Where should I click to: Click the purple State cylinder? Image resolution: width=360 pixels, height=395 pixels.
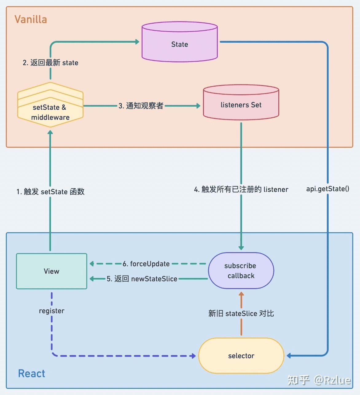coord(180,42)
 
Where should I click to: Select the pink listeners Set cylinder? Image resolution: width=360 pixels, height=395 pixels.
coord(241,102)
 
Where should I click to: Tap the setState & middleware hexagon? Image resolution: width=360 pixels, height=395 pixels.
coord(50,105)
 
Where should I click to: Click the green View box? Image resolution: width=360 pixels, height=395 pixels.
coord(52,271)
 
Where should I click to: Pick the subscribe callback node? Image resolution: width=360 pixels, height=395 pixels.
coord(241,271)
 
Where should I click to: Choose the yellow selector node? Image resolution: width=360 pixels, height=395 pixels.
coord(241,356)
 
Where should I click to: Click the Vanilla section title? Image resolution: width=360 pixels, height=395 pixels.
coord(31,19)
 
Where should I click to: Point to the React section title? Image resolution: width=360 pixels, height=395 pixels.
coord(32,373)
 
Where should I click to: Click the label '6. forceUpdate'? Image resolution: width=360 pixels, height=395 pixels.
coord(146,264)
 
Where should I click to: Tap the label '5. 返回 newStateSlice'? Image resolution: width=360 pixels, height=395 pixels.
coord(142,279)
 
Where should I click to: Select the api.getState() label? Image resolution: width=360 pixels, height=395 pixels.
coord(328,189)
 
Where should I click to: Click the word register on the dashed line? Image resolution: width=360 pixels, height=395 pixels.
coord(52,311)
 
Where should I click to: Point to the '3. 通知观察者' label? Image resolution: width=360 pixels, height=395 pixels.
coord(141,106)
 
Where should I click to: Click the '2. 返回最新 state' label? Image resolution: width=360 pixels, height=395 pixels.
coord(50,63)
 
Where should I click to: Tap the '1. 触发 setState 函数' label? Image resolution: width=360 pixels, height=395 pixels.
coord(50,191)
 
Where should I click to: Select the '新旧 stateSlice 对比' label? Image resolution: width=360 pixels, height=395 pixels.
coord(241,313)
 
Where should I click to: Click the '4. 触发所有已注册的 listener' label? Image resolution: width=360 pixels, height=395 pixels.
coord(241,189)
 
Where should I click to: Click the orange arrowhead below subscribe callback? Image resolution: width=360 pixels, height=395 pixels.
coord(241,294)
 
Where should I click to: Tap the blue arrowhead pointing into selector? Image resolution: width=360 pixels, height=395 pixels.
coord(289,356)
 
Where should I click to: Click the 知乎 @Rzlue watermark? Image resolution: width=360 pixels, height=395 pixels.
coord(319,380)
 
